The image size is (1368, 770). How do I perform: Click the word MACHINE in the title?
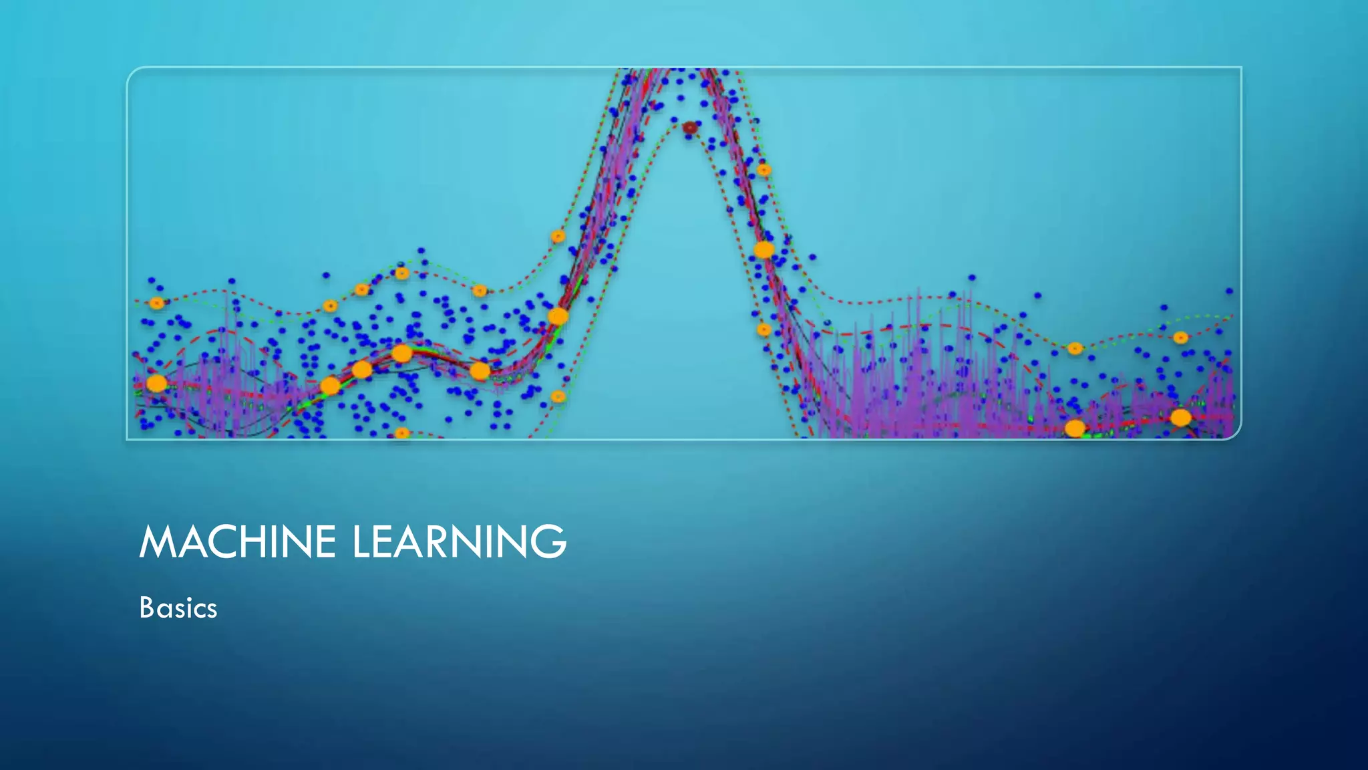[x=237, y=541]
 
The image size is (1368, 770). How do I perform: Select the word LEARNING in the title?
[x=459, y=541]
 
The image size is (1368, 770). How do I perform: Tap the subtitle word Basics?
[x=178, y=608]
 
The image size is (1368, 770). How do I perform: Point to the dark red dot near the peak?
[x=690, y=127]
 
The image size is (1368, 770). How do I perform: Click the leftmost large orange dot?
[x=156, y=383]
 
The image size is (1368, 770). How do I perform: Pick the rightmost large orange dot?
[x=1181, y=418]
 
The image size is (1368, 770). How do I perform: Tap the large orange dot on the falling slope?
[x=764, y=250]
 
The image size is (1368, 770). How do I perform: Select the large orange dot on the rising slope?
[x=558, y=316]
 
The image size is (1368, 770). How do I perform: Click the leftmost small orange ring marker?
[x=156, y=303]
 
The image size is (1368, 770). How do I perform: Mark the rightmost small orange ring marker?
[x=1180, y=338]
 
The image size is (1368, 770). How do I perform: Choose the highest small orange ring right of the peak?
[x=764, y=170]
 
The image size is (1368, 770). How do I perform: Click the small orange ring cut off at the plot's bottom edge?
[x=401, y=433]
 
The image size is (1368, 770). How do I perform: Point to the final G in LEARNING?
[x=551, y=541]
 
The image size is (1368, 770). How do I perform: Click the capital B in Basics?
[x=146, y=608]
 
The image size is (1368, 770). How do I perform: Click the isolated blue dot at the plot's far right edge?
[x=1229, y=291]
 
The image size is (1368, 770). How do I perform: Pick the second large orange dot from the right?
[x=1075, y=428]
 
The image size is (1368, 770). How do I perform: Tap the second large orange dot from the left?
[x=330, y=386]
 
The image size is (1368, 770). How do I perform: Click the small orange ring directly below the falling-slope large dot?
[x=764, y=330]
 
